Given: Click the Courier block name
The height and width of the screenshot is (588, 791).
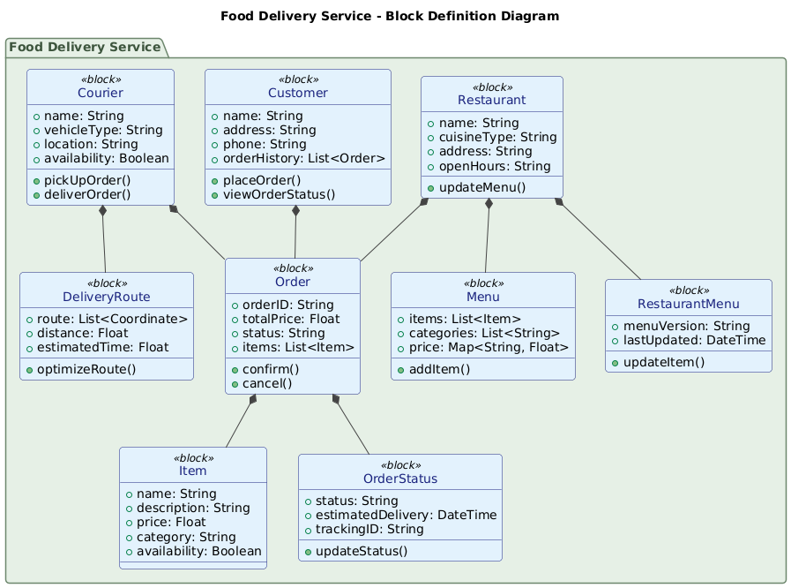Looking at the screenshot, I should (100, 93).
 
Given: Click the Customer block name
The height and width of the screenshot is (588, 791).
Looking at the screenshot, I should (297, 93).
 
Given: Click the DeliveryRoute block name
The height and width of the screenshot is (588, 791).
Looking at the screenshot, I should (106, 296).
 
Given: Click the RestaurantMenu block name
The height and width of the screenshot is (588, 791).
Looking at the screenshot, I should (689, 305).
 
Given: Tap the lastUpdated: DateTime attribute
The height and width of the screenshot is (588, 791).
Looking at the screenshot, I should (692, 340).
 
